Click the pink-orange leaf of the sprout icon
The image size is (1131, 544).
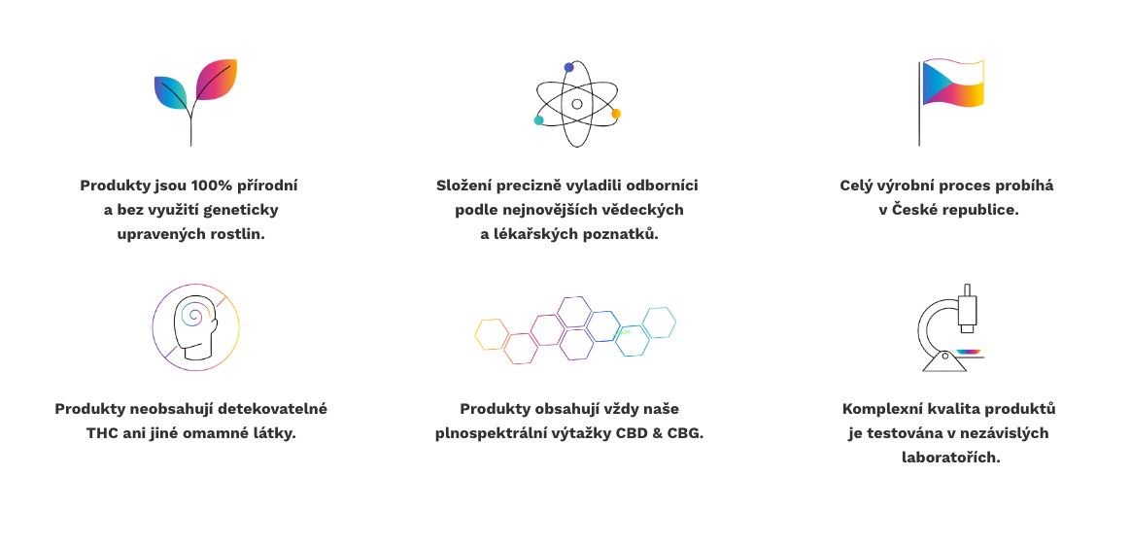(216, 80)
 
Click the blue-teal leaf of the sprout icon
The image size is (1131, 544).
(171, 92)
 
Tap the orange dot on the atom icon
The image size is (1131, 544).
(616, 114)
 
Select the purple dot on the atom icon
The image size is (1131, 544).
(569, 68)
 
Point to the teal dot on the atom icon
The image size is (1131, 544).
(538, 120)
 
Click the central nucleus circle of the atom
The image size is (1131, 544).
(577, 104)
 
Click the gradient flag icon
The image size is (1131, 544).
(951, 102)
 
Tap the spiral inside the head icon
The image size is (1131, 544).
(194, 314)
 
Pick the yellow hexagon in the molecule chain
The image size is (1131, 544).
(492, 335)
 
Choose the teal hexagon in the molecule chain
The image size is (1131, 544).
(660, 323)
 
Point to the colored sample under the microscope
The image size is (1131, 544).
(969, 352)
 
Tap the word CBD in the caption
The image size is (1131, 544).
(632, 433)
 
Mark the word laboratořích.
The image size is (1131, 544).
(950, 458)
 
